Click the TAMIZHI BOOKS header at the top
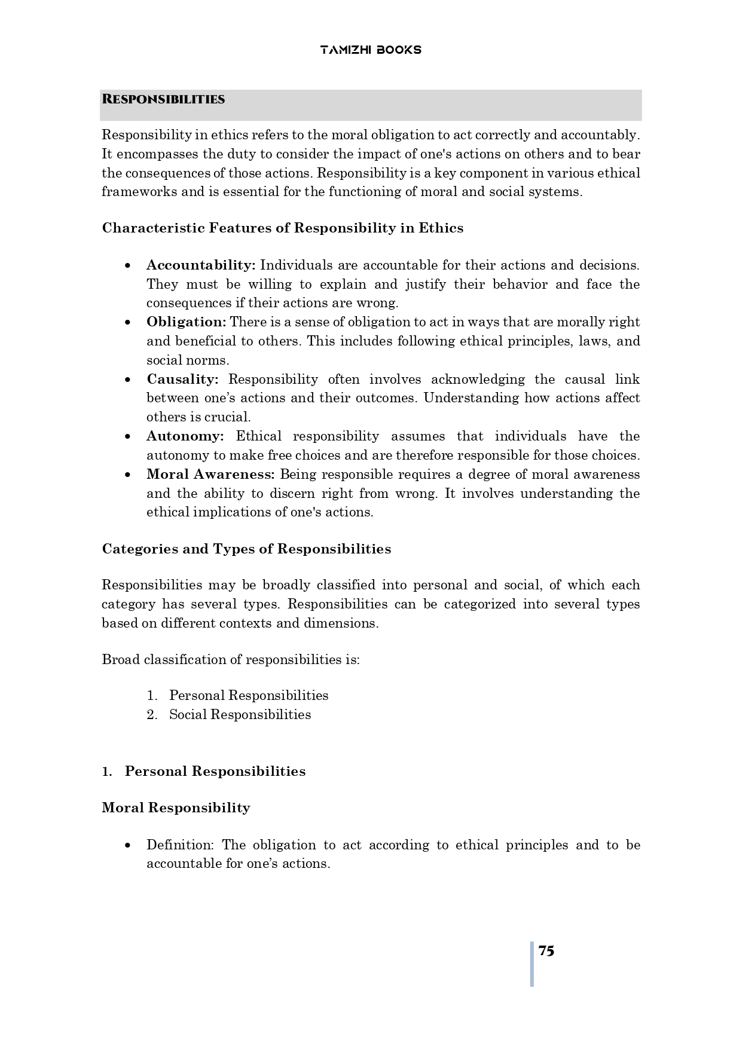click(x=370, y=50)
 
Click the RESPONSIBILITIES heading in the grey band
click(x=163, y=99)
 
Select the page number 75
click(x=546, y=950)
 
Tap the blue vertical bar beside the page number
click(x=532, y=964)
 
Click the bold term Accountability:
click(x=201, y=265)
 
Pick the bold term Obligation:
click(x=186, y=322)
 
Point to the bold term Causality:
click(x=182, y=379)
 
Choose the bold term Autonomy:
click(x=185, y=436)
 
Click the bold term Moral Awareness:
click(x=210, y=474)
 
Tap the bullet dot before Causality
click(x=128, y=380)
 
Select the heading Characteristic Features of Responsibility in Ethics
click(x=282, y=228)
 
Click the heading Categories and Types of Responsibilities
click(x=246, y=549)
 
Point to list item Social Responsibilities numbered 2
click(x=240, y=714)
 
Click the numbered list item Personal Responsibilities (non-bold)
click(x=249, y=695)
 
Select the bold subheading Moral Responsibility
click(x=176, y=808)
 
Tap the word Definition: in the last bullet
click(x=179, y=845)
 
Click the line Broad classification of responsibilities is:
click(x=231, y=659)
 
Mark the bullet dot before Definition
click(x=128, y=845)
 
